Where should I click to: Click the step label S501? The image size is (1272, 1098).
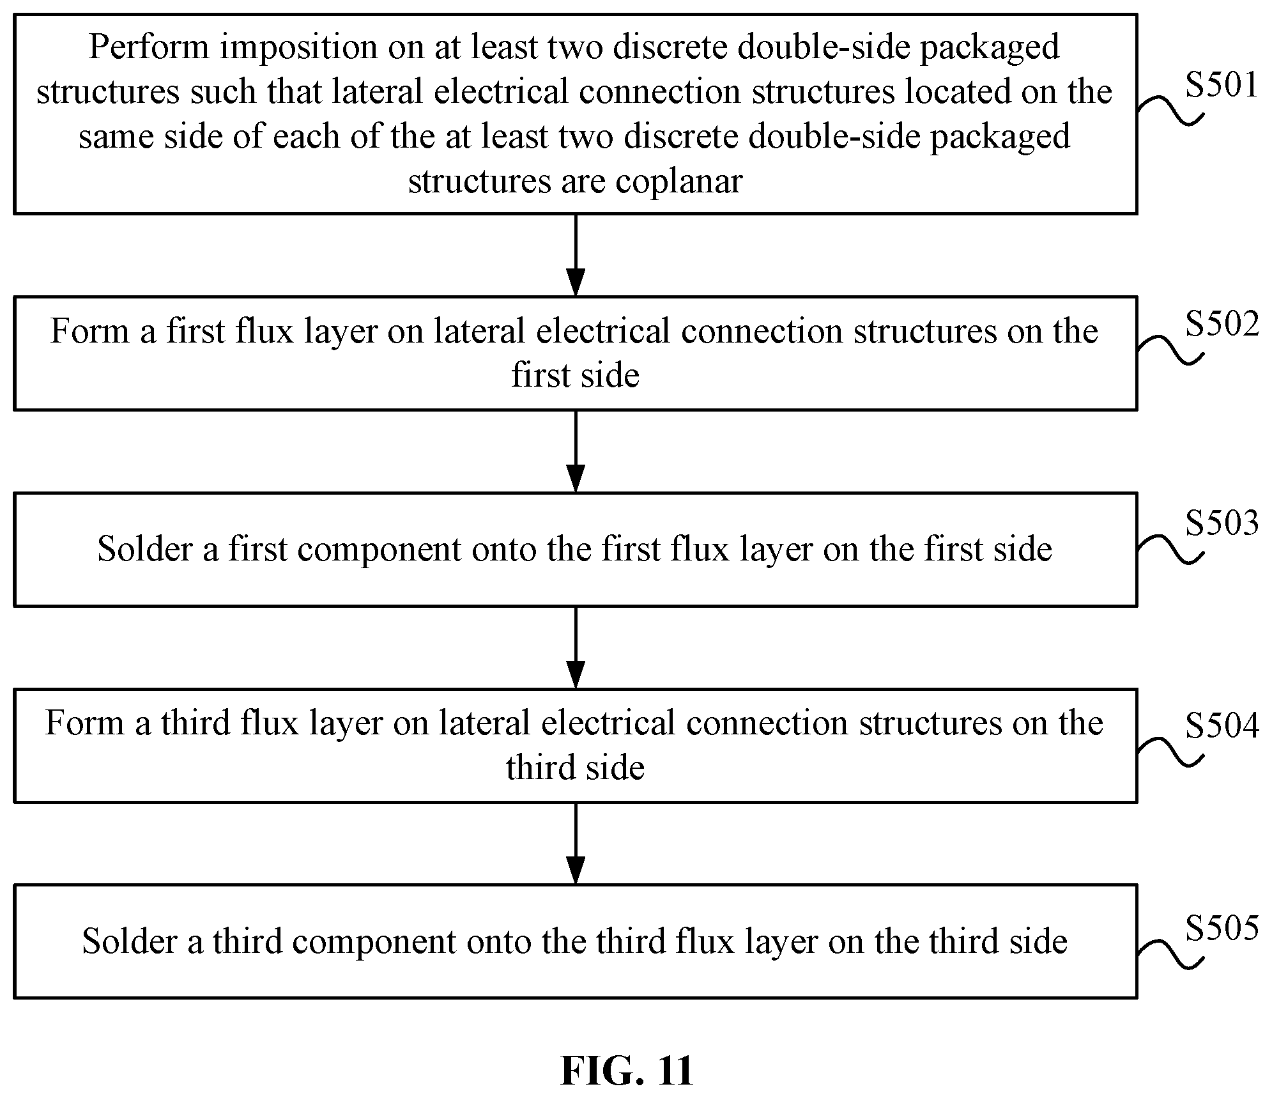click(x=1222, y=85)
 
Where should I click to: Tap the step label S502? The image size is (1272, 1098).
click(x=1222, y=325)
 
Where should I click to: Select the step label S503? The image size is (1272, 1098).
click(x=1222, y=523)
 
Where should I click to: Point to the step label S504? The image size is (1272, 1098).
click(x=1222, y=726)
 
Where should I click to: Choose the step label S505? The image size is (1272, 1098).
click(x=1222, y=928)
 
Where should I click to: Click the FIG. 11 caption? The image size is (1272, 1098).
click(x=627, y=1071)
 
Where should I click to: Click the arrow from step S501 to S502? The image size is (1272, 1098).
click(x=576, y=255)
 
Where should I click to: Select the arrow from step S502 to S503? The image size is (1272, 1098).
click(x=576, y=451)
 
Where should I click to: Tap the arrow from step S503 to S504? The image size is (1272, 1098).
click(x=576, y=647)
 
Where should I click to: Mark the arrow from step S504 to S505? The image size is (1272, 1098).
click(x=576, y=844)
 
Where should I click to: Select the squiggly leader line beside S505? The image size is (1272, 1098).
click(x=1170, y=955)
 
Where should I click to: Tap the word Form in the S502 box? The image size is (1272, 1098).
click(x=89, y=332)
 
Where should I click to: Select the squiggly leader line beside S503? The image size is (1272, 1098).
click(x=1170, y=550)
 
